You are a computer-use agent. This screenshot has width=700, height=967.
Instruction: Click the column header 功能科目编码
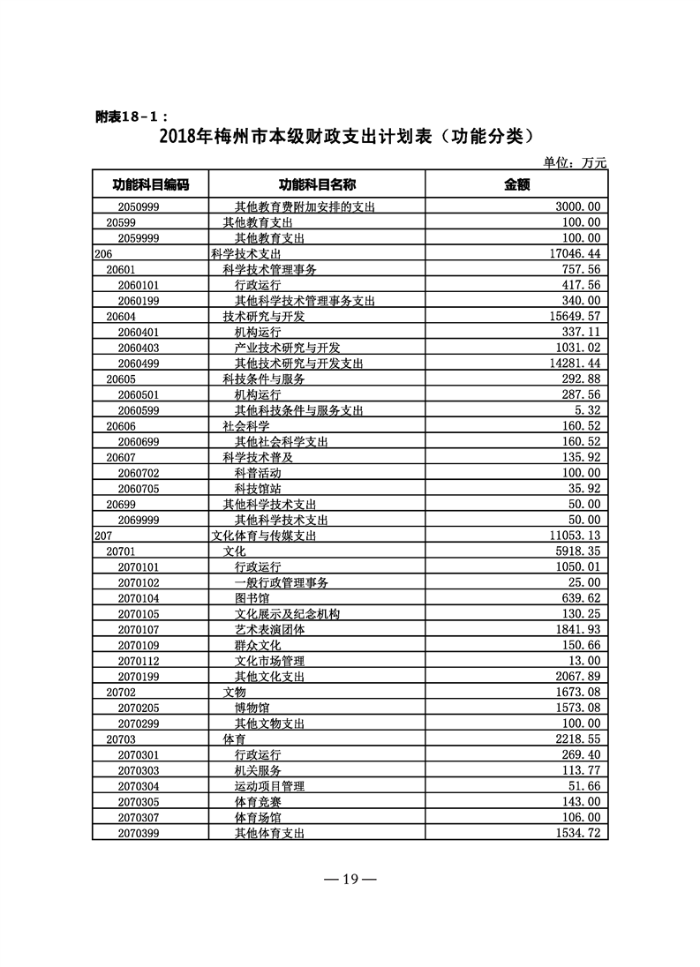[x=150, y=184]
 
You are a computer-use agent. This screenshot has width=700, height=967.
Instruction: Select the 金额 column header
[x=516, y=184]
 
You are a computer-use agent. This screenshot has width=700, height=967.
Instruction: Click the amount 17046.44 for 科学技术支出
[x=575, y=253]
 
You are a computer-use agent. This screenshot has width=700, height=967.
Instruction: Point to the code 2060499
[x=138, y=364]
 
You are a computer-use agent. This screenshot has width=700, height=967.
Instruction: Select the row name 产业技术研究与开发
[x=287, y=348]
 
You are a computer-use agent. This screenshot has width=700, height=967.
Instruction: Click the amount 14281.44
[x=575, y=364]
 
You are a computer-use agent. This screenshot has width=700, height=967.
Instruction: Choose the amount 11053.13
[x=575, y=536]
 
